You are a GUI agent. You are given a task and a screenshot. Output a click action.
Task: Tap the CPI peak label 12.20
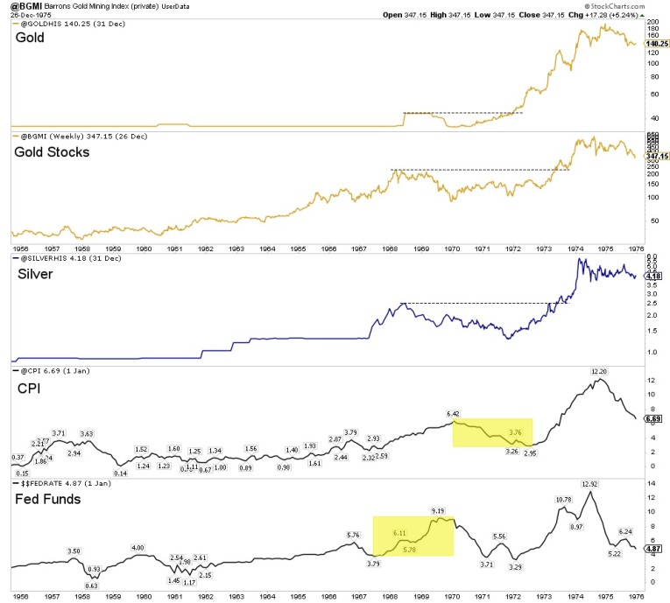point(599,373)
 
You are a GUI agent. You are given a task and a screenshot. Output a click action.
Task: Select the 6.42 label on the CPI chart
point(454,413)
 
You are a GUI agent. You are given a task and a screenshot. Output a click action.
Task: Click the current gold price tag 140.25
point(655,43)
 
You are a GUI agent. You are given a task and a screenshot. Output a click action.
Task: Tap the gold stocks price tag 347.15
point(655,155)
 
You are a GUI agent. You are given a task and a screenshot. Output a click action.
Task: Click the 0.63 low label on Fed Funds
point(91,586)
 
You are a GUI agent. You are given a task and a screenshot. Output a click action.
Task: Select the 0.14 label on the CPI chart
point(121,473)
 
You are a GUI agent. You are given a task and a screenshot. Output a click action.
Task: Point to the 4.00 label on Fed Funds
point(137,547)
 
